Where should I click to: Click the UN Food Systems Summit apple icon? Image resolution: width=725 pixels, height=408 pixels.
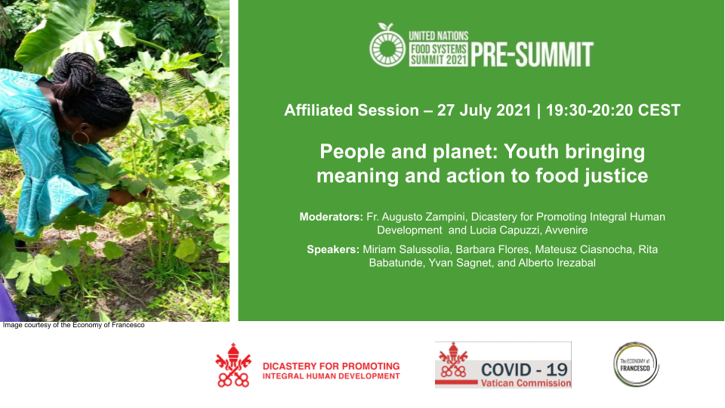[x=387, y=46]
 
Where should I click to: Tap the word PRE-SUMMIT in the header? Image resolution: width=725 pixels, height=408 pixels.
[x=532, y=55]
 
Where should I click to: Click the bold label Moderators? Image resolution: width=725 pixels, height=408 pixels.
[x=331, y=217]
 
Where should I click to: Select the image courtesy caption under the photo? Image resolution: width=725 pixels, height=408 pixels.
[x=73, y=326]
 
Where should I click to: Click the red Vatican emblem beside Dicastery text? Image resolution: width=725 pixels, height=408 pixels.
[x=233, y=366]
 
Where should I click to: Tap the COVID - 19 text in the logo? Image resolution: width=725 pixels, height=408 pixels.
[x=524, y=369]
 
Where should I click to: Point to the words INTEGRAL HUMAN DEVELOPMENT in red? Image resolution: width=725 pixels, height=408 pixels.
[x=332, y=376]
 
